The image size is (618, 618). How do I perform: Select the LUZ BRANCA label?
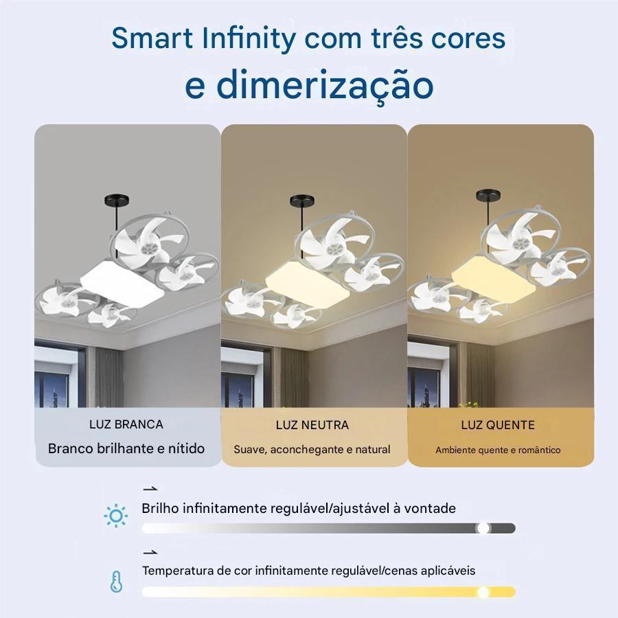(126, 424)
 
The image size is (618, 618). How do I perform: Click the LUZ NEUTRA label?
(312, 425)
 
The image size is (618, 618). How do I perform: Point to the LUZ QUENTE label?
(498, 425)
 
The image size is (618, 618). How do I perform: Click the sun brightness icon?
(115, 516)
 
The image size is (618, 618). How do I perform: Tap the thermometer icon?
(116, 582)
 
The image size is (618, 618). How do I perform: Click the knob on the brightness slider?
(483, 528)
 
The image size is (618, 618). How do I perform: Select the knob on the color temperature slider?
(483, 592)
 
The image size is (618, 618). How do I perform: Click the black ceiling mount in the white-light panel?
(116, 201)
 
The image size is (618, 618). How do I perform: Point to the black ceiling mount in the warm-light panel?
(488, 195)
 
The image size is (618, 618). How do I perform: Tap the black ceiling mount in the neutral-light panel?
(302, 201)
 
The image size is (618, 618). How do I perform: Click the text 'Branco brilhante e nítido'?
(126, 448)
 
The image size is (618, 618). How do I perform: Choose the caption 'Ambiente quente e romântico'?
(498, 450)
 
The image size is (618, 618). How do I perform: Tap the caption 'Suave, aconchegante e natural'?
(312, 450)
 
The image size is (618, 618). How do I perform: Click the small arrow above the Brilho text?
(150, 489)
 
